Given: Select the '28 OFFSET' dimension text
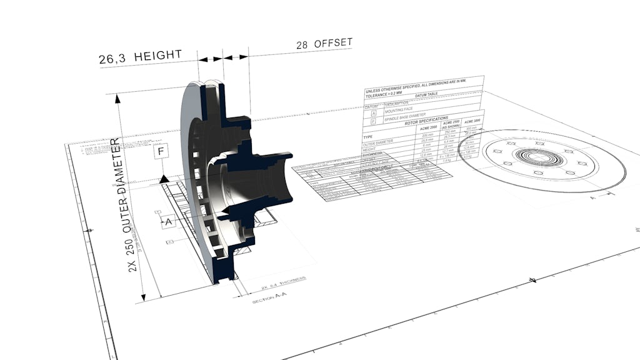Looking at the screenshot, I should point(324,44).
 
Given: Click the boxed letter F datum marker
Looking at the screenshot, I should point(162,151).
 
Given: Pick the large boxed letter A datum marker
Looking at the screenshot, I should point(167,221).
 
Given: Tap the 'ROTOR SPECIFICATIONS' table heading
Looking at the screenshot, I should point(426,121).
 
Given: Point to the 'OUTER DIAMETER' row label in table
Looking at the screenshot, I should point(379,142).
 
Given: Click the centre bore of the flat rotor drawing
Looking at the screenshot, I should point(537,157).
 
